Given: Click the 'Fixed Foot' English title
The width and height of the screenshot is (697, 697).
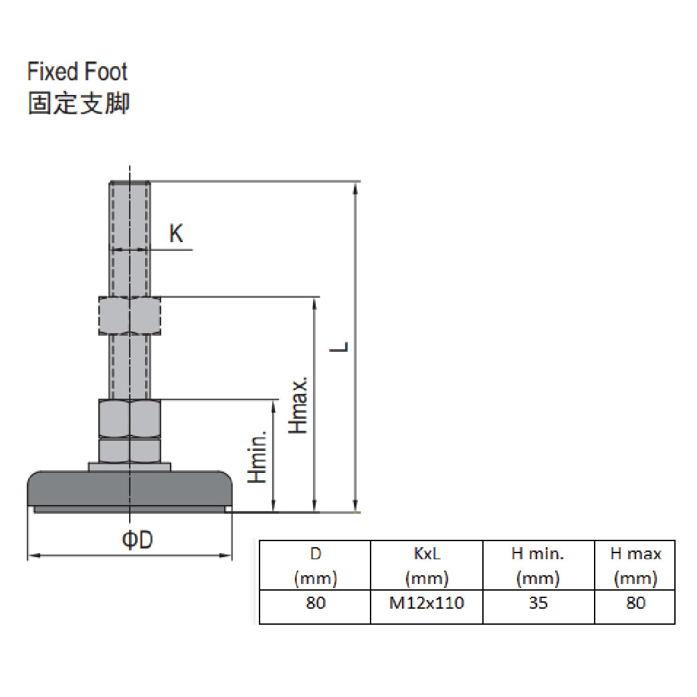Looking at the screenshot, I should [x=77, y=72].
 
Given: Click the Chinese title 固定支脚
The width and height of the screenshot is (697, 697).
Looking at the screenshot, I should [x=78, y=104].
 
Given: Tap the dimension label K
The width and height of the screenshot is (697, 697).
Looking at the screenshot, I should [x=175, y=233].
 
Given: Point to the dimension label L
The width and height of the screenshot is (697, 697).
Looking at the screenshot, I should [x=341, y=346].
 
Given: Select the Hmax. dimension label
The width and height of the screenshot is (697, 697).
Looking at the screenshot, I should [x=299, y=404].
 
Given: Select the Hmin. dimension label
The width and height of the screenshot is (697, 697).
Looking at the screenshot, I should [x=258, y=457].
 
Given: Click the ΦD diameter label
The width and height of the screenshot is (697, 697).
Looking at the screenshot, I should [x=137, y=540].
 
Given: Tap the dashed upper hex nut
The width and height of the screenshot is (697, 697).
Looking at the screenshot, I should [x=130, y=316].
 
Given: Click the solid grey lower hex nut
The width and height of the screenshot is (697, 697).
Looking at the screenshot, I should [x=130, y=418].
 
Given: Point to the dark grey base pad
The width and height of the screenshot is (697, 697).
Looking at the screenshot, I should [x=130, y=489].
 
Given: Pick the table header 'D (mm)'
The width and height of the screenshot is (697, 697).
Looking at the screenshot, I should [x=315, y=566].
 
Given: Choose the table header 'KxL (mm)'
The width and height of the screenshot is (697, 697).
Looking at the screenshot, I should [x=427, y=566].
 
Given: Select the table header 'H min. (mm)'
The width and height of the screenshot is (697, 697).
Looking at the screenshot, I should [x=538, y=566].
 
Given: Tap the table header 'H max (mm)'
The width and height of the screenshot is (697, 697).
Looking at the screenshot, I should [x=635, y=566].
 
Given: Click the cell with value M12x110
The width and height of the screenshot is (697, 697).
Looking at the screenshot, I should [x=427, y=603].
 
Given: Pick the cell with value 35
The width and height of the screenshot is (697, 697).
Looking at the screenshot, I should [x=538, y=603].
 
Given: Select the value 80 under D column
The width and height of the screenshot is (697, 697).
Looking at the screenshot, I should [x=315, y=603].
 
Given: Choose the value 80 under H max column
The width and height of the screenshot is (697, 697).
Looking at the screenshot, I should [x=635, y=603].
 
